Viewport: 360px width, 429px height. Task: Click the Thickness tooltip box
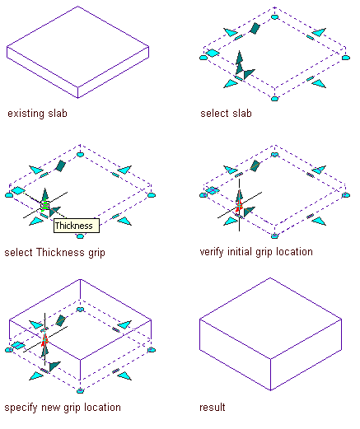click(x=77, y=226)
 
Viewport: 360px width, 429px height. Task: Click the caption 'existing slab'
click(x=37, y=114)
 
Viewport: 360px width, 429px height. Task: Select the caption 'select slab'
click(x=226, y=113)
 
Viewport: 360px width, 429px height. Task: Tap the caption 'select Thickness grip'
click(x=55, y=253)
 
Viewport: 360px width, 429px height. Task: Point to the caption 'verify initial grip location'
click(x=256, y=252)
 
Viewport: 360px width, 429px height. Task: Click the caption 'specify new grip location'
click(x=63, y=408)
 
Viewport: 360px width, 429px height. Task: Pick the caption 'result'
click(x=213, y=407)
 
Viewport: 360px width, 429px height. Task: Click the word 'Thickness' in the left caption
click(x=60, y=252)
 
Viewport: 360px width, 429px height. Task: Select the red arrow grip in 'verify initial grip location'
click(x=239, y=205)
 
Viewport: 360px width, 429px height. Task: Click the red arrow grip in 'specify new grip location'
click(x=44, y=339)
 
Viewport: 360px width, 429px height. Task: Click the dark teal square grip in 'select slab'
click(x=255, y=29)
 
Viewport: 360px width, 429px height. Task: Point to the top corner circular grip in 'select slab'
click(x=274, y=17)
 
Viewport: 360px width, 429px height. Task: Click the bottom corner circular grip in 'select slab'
click(x=274, y=99)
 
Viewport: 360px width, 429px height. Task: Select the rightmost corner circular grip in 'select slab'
click(x=346, y=58)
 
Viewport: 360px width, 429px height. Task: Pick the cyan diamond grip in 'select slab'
click(x=213, y=53)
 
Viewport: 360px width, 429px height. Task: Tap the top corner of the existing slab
click(x=78, y=7)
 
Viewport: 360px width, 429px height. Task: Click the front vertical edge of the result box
click(x=270, y=375)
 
